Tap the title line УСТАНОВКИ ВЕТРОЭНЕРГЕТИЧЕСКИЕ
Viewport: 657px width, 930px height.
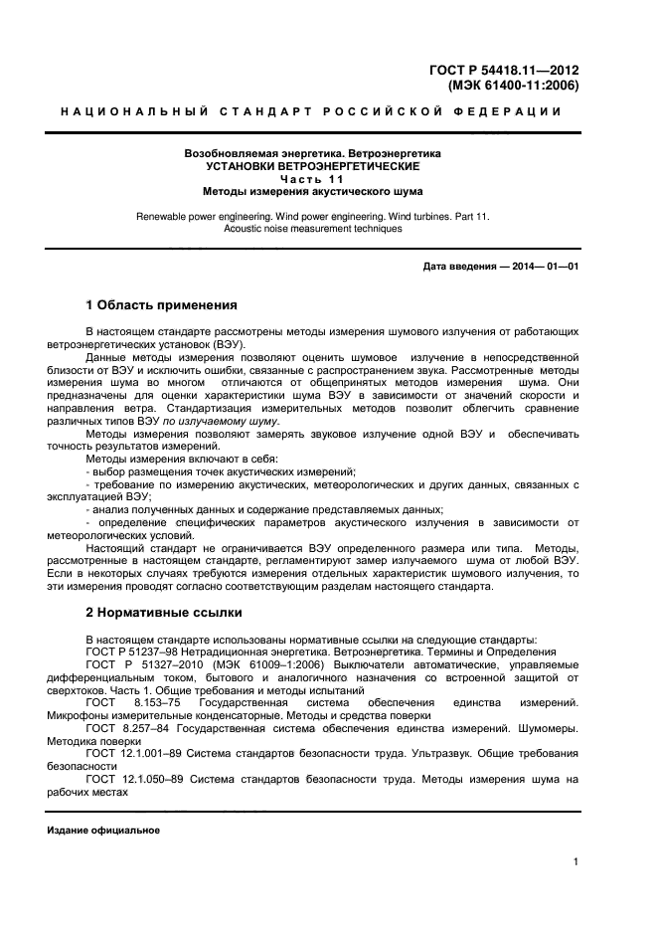pyautogui.click(x=312, y=166)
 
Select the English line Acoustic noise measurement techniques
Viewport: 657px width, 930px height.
pyautogui.click(x=312, y=229)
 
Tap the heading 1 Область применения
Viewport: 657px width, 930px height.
pyautogui.click(x=161, y=304)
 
